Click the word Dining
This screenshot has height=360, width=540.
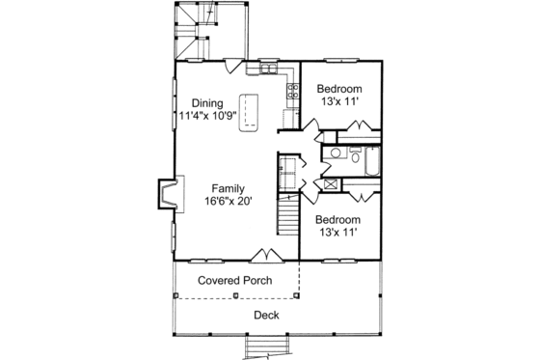click(x=207, y=103)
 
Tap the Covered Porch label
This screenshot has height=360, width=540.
click(x=234, y=281)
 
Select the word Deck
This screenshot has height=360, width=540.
click(x=266, y=316)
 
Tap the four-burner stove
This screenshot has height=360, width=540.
click(x=290, y=93)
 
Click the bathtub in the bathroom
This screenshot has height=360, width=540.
click(x=371, y=163)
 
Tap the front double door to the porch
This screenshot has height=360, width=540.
click(x=262, y=255)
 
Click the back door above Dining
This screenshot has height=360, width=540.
click(x=232, y=66)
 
